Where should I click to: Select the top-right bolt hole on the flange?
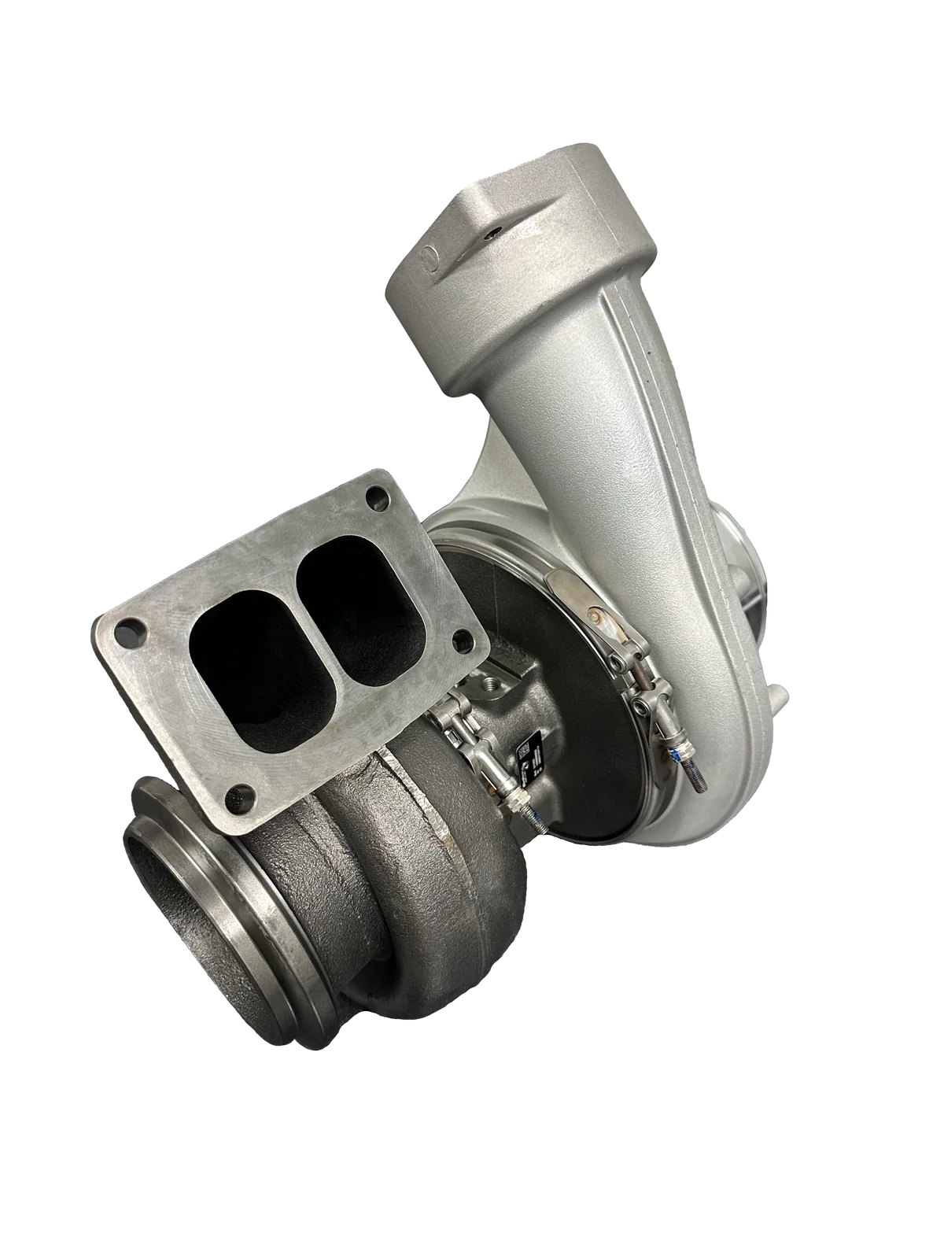[x=380, y=498]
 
